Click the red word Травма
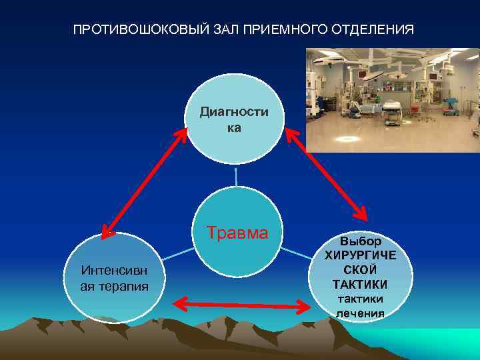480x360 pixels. (x=237, y=233)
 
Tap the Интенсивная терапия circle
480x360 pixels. (x=114, y=277)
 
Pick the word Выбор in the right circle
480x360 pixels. (x=361, y=241)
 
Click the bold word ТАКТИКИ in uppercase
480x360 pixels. (x=360, y=285)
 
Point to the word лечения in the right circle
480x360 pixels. (x=360, y=313)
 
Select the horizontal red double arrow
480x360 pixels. (x=243, y=305)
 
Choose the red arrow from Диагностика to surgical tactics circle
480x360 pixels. (x=326, y=174)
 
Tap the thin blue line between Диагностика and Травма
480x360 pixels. (x=236, y=176)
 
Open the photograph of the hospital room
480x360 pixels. (x=393, y=100)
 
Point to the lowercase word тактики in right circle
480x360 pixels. (x=360, y=299)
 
